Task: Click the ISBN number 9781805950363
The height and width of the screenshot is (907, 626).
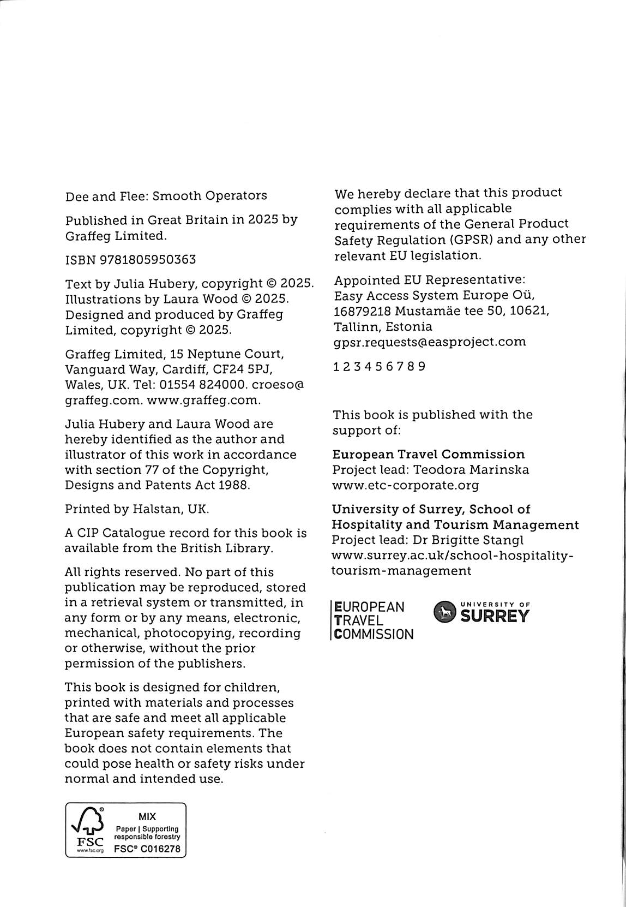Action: pos(148,260)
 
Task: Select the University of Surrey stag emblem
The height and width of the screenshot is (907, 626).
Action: pos(445,613)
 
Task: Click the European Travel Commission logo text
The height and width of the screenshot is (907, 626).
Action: pos(372,620)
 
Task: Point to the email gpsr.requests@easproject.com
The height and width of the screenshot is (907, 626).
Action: pos(430,342)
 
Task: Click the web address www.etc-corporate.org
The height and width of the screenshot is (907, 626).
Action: pos(406,485)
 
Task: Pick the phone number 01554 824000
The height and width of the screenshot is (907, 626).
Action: pos(198,385)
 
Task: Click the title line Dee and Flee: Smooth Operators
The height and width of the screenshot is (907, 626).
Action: pos(166,196)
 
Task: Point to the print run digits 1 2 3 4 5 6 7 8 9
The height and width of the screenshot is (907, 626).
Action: pos(380,367)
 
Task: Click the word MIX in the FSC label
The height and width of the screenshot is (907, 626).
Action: pos(147,816)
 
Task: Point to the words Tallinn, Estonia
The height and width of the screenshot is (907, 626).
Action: pos(383,327)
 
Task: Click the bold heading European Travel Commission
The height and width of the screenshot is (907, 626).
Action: pos(429,455)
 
